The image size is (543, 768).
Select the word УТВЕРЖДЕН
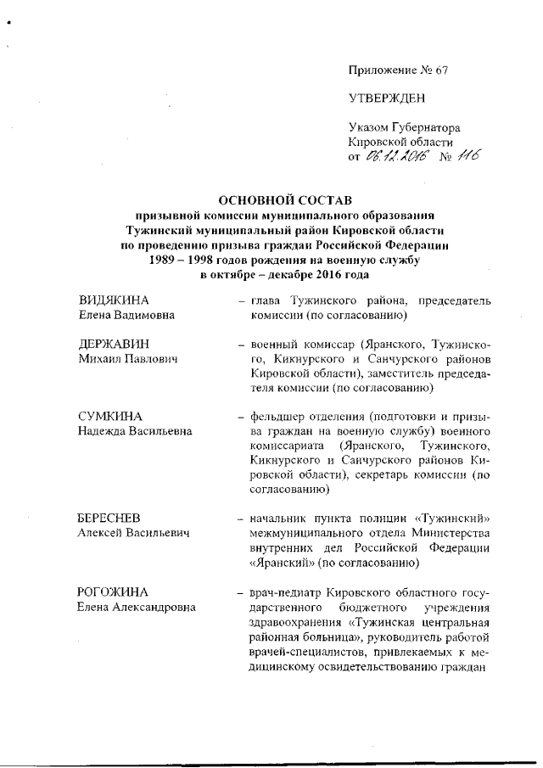pos(384,98)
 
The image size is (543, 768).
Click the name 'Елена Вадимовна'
pos(127,317)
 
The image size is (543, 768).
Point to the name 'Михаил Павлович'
pos(127,362)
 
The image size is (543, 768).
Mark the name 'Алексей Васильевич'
pos(133,533)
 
